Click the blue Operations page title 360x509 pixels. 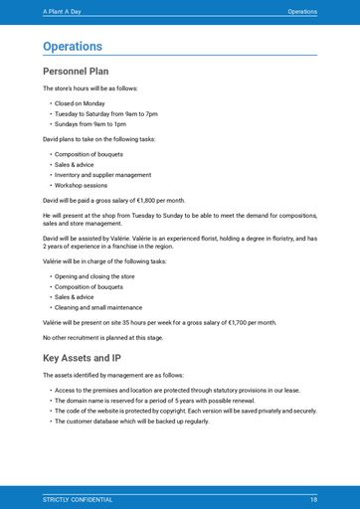tap(73, 47)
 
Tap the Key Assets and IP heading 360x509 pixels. tap(82, 357)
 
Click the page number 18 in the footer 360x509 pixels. tap(313, 499)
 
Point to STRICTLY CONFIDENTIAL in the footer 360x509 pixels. tap(78, 499)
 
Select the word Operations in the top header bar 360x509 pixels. tap(302, 11)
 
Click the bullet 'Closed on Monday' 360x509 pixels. tap(80, 103)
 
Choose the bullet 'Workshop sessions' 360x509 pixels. tap(81, 185)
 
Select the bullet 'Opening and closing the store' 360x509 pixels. tap(94, 275)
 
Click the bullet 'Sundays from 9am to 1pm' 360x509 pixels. tap(90, 124)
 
